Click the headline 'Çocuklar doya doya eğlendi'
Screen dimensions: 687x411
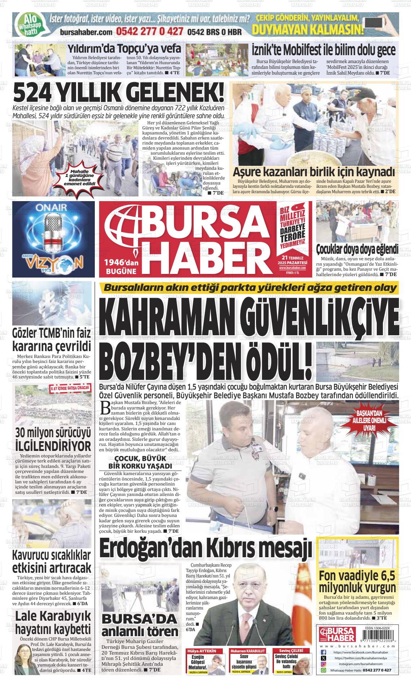[357, 249]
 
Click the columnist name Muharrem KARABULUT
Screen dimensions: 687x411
[248, 651]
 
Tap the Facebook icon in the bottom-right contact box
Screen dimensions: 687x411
[323, 652]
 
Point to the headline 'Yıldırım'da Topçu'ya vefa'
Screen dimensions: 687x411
[125, 49]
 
